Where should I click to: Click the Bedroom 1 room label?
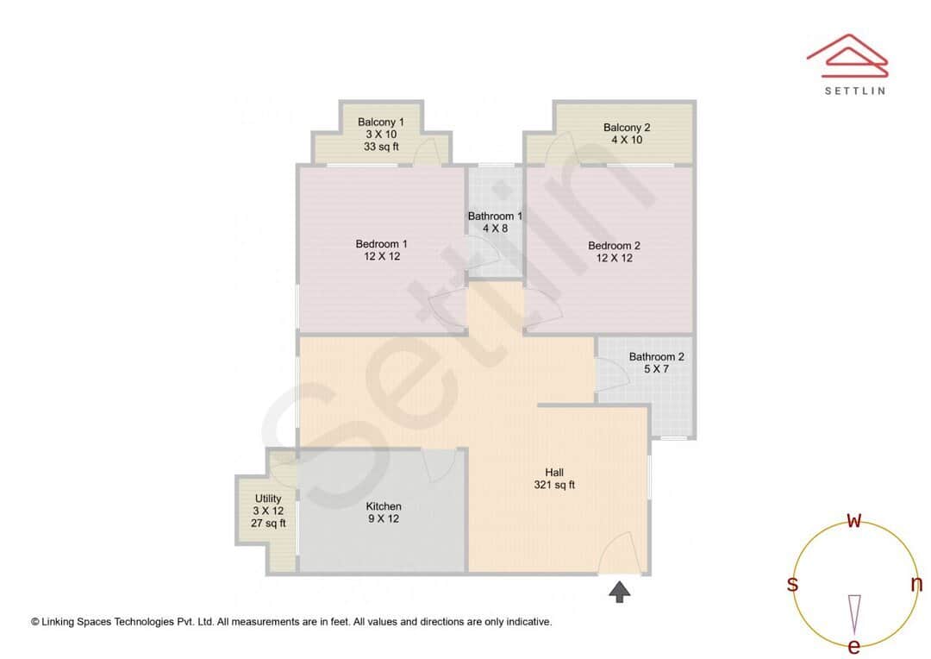[x=381, y=244]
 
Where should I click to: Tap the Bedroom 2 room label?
[x=614, y=245]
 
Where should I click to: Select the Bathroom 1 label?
[x=495, y=217]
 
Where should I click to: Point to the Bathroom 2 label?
[x=656, y=356]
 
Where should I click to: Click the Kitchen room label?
[x=384, y=506]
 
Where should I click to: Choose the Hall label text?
[x=554, y=472]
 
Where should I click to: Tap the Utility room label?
[x=268, y=499]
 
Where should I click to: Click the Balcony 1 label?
[x=380, y=122]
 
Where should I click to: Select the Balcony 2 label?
[x=627, y=128]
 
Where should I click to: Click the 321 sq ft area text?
[x=554, y=485]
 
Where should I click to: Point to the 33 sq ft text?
[x=380, y=147]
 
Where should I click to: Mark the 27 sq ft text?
[x=268, y=523]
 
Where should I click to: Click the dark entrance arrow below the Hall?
[x=620, y=591]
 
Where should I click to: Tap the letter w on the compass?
[x=854, y=520]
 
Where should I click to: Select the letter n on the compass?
[x=916, y=584]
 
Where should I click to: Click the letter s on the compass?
[x=792, y=584]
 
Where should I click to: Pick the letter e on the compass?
[x=854, y=646]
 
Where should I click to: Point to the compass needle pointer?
[x=854, y=612]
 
